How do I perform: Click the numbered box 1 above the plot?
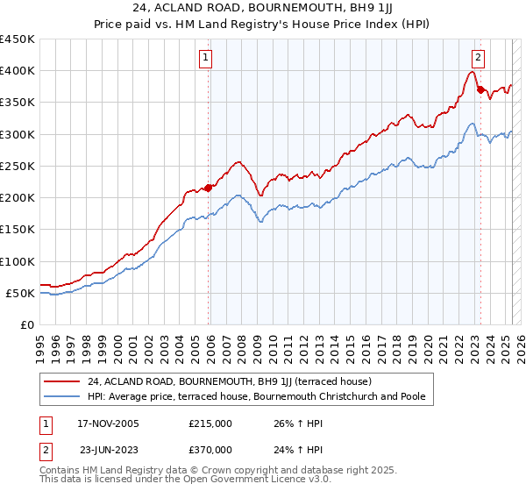point(205,59)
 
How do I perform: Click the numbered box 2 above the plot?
point(478,59)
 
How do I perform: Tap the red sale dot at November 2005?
point(209,188)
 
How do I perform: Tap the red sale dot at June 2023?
point(480,89)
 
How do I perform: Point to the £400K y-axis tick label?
point(18,71)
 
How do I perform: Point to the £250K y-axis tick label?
point(18,166)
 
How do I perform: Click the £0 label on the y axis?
point(26,324)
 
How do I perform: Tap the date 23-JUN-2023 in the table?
point(109,449)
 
